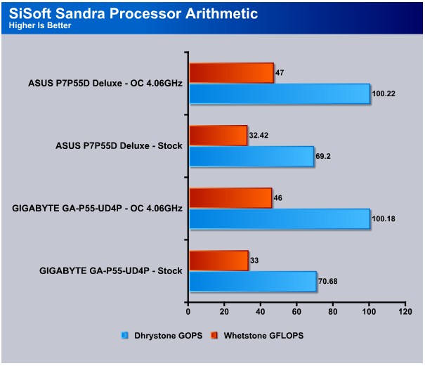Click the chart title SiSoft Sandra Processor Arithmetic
click(133, 13)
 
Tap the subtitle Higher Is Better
click(40, 25)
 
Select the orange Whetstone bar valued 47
click(232, 72)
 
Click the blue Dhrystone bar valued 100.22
click(280, 94)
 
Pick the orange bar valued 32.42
click(218, 136)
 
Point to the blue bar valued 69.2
click(251, 157)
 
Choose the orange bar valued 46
click(230, 198)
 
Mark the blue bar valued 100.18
click(280, 218)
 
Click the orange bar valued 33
click(218, 261)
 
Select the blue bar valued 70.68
click(253, 282)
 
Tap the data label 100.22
click(384, 94)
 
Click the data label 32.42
click(259, 136)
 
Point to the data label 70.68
click(328, 282)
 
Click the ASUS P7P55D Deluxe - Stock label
click(119, 146)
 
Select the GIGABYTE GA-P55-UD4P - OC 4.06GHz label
click(98, 209)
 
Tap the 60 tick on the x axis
click(296, 312)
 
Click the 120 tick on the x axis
click(405, 312)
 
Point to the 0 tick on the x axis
click(188, 312)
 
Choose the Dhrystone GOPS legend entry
click(162, 336)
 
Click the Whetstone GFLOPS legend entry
click(257, 336)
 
